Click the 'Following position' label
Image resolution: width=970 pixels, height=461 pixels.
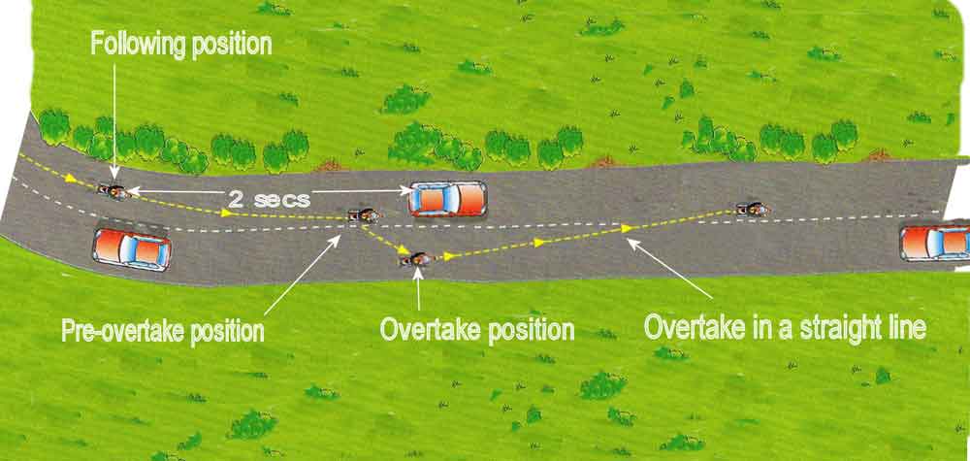[181, 44]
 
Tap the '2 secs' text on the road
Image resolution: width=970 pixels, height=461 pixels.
[269, 198]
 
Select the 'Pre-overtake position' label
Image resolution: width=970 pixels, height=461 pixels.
[163, 330]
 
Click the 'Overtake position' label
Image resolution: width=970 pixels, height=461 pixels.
[477, 329]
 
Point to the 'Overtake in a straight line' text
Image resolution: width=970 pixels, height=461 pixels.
[787, 326]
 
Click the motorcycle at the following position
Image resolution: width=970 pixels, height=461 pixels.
[116, 190]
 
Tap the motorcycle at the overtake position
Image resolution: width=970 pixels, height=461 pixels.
[418, 259]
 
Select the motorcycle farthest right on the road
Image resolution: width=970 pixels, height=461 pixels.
[749, 208]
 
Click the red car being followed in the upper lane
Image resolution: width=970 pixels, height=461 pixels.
[447, 198]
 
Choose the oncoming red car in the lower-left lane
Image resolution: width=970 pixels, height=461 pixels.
[131, 249]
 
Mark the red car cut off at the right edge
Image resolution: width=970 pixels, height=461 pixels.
[935, 243]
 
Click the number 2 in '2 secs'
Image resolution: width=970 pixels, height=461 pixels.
[236, 198]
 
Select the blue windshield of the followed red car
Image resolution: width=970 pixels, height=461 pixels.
[428, 198]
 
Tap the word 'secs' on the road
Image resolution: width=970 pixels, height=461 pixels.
[283, 198]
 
